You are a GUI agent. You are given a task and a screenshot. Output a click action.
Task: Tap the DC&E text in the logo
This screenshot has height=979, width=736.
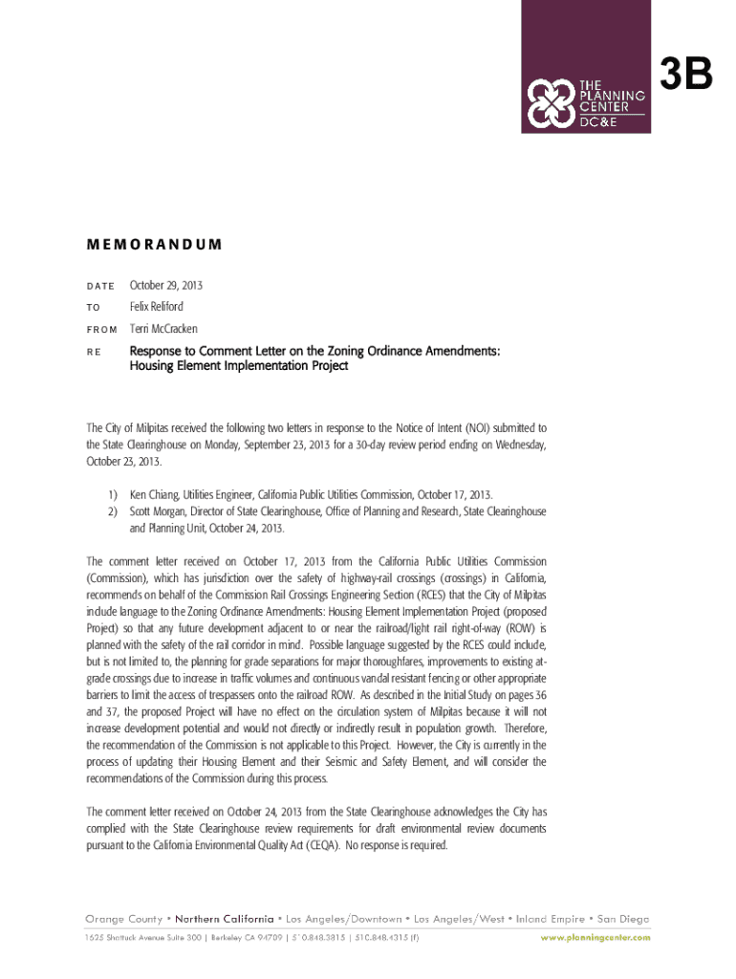point(601,122)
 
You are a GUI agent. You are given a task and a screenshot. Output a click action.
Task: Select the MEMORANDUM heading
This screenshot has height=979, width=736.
point(154,244)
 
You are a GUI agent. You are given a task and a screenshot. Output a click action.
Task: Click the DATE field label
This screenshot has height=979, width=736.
point(100,287)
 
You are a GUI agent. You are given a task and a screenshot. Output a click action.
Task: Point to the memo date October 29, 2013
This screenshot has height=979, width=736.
point(166,286)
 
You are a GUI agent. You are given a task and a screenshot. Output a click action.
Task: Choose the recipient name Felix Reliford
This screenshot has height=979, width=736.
point(157,307)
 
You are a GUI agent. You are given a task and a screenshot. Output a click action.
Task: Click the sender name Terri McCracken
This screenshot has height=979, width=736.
point(164,329)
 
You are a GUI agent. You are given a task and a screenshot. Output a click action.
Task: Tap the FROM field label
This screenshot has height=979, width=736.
point(102,330)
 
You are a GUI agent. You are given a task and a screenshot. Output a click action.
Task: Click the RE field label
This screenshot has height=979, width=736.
point(95,352)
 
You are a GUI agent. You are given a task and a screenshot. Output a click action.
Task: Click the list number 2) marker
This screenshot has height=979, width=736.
point(112,511)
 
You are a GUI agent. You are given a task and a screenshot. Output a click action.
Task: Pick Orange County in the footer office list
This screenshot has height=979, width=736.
point(123,919)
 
